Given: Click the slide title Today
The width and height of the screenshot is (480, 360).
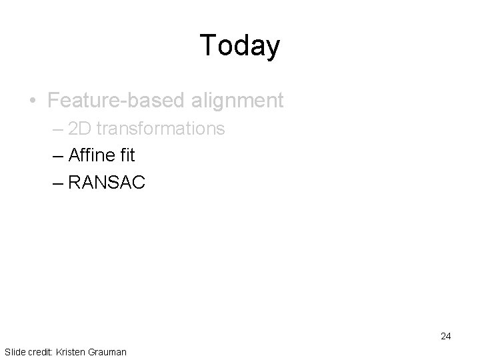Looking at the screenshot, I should tap(240, 45).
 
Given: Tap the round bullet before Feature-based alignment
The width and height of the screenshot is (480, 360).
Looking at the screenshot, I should tap(33, 101).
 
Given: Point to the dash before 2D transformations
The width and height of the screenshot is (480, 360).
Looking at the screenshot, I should tap(57, 129).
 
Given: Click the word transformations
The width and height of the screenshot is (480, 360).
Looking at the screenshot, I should tap(161, 128).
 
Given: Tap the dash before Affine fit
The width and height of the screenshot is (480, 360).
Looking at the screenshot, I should tap(57, 156).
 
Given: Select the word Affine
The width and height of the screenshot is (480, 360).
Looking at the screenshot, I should tap(91, 155).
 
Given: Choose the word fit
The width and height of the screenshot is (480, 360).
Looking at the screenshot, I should tap(125, 155).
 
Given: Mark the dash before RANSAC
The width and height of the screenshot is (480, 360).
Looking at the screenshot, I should tap(57, 183).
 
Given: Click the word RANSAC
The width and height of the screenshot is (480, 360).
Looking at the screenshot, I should tap(107, 183).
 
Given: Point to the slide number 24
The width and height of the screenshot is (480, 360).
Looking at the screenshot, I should tap(446, 336).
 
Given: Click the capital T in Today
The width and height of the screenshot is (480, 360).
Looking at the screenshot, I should tap(208, 45).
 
